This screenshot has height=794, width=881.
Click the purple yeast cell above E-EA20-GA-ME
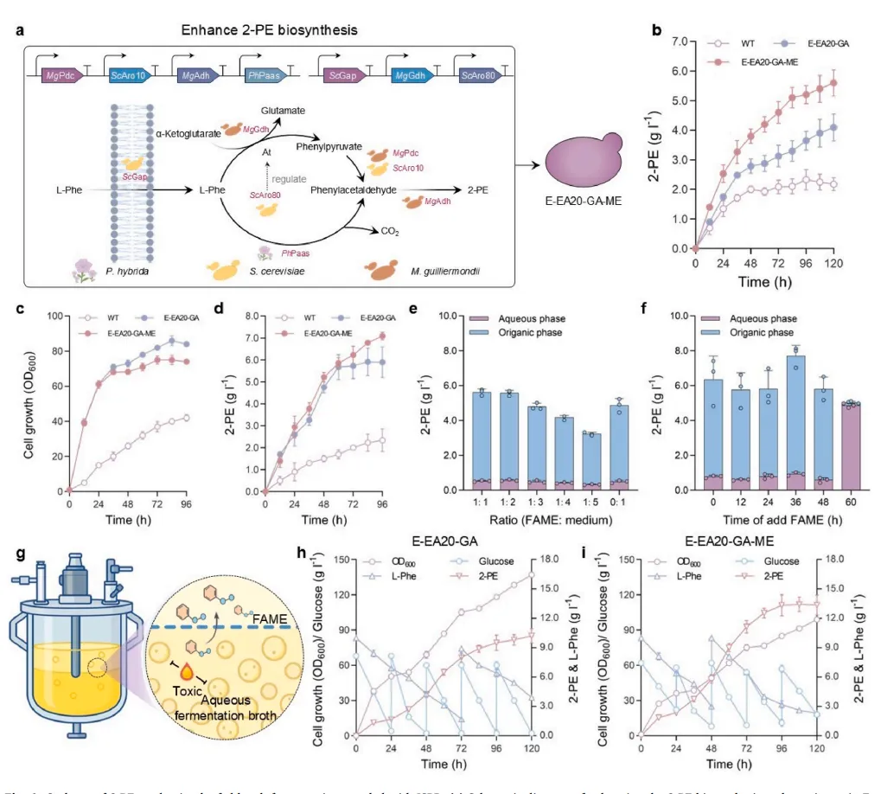click(586, 163)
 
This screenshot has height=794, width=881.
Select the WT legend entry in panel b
click(747, 41)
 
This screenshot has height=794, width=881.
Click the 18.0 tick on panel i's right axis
click(842, 559)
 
